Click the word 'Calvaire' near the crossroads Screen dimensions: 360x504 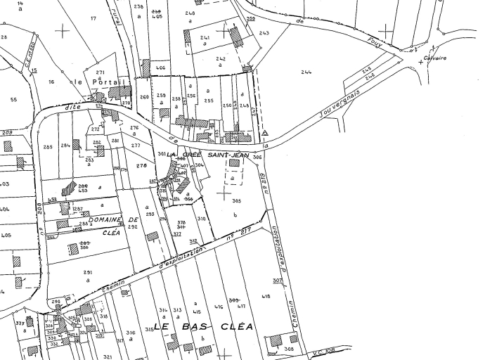click(435, 58)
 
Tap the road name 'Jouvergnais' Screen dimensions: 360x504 click(339, 102)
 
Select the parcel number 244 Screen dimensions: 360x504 click(306, 72)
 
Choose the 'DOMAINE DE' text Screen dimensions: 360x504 click(106, 220)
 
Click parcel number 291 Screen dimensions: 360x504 click(88, 272)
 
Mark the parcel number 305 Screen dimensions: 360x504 click(236, 200)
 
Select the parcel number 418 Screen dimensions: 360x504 click(266, 297)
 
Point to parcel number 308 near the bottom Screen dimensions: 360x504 click(289, 349)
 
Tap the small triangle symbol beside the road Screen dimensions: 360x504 click(265, 132)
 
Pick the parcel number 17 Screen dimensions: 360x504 click(93, 18)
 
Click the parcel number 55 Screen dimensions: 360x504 click(13, 100)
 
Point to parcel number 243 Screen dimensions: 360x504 click(264, 33)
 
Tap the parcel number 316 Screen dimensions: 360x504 click(131, 333)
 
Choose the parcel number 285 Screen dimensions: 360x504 click(48, 146)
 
